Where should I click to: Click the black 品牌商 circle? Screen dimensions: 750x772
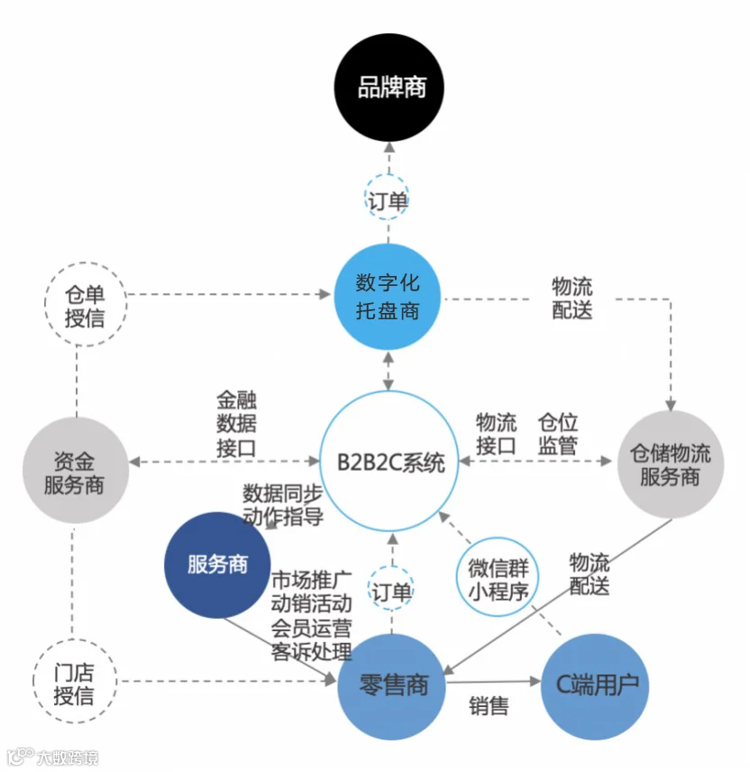click(389, 87)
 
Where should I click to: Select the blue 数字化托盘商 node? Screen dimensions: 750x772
click(388, 297)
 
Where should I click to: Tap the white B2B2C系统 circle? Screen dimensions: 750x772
click(389, 462)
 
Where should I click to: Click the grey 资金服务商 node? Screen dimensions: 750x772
click(76, 471)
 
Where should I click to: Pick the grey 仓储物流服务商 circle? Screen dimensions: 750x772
click(671, 464)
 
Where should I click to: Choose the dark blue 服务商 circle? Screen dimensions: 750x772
click(217, 565)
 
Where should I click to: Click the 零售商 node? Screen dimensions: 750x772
click(391, 686)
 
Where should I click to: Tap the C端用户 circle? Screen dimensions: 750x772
click(595, 686)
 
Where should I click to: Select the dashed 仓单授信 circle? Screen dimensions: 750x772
click(86, 304)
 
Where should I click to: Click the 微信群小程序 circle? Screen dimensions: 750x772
click(497, 576)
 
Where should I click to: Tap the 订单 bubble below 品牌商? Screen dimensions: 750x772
click(387, 200)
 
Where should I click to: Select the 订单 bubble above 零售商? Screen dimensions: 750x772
click(390, 591)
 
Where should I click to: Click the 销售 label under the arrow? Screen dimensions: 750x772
click(489, 706)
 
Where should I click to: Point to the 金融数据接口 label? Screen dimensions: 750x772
click(236, 424)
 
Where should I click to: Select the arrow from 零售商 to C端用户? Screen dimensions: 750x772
click(493, 682)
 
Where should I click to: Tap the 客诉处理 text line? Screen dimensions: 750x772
click(312, 651)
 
